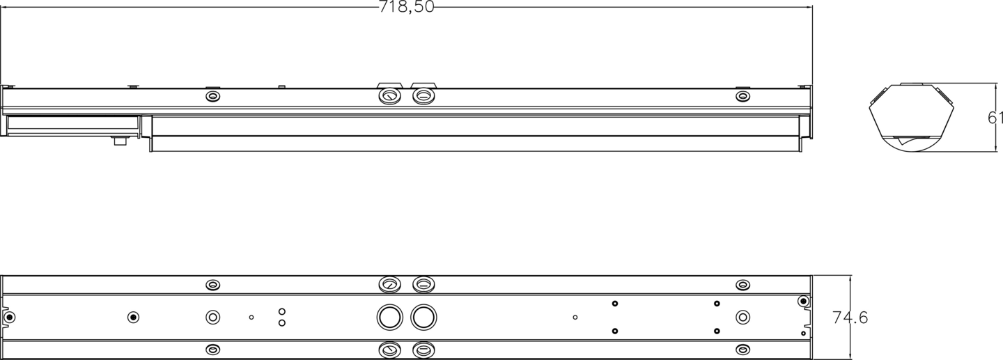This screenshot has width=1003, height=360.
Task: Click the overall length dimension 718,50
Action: point(406,7)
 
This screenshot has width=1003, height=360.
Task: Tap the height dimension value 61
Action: point(995,118)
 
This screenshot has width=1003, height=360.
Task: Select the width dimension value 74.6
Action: point(850,318)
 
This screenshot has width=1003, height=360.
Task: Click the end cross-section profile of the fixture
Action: point(912,117)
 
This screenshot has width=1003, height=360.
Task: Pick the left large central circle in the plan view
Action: point(389,318)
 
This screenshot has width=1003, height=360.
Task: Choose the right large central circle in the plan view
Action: point(423,318)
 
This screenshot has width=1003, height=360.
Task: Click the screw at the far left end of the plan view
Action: point(9,318)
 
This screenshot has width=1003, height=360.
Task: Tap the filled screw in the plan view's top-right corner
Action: point(803,301)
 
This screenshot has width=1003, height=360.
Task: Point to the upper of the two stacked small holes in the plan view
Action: point(282,311)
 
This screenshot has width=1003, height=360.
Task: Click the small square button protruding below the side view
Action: point(120,141)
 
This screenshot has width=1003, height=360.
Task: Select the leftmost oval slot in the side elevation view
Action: point(213,96)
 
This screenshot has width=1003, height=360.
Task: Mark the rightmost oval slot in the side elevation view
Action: point(743,96)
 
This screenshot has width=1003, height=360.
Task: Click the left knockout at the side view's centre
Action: point(389,95)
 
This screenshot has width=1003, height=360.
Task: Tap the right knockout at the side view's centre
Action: point(423,95)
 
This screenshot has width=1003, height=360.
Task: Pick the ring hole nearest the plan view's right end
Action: point(743,318)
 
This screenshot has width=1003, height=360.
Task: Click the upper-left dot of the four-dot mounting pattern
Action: point(615,304)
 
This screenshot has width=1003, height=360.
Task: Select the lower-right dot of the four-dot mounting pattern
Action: point(717,331)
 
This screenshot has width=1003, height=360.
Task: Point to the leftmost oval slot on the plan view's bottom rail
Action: point(213,350)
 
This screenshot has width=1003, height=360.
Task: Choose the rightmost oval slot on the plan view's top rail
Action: point(743,285)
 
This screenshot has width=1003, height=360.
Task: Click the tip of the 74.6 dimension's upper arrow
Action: point(850,276)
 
